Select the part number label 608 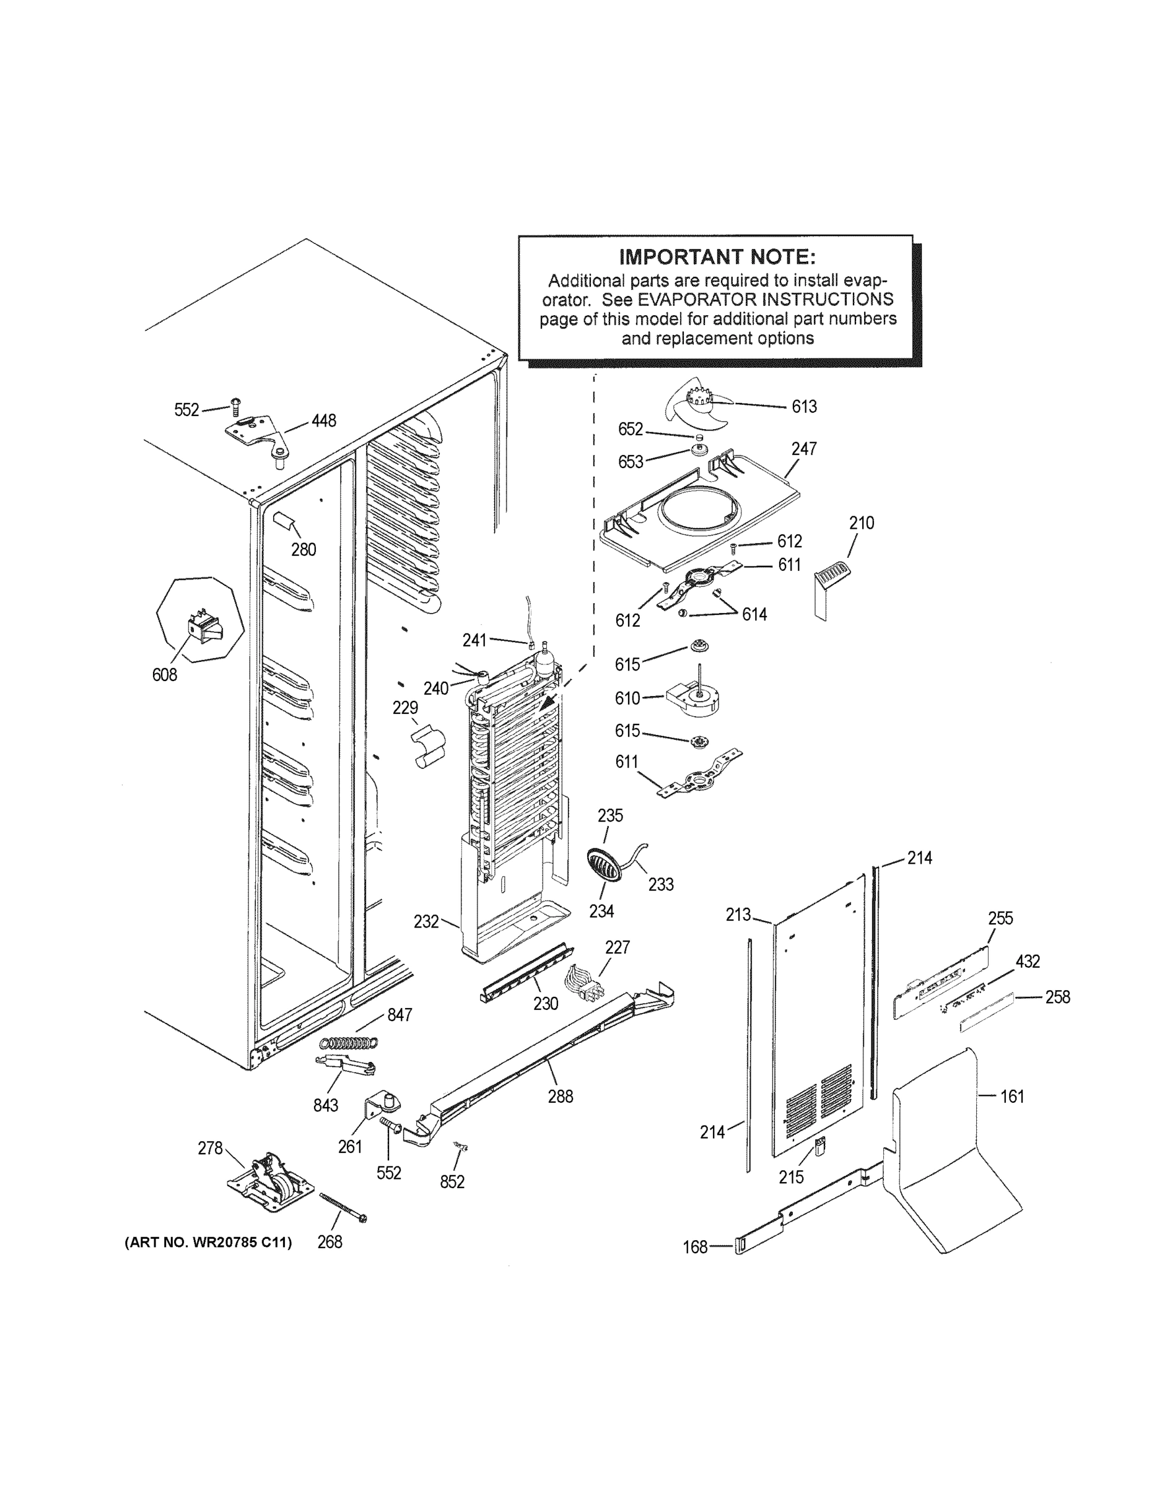point(165,674)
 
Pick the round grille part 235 point(605,864)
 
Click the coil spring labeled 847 point(349,1041)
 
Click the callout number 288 point(560,1096)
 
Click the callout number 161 point(1011,1096)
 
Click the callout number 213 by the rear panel point(738,915)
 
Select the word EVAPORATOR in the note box point(696,300)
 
